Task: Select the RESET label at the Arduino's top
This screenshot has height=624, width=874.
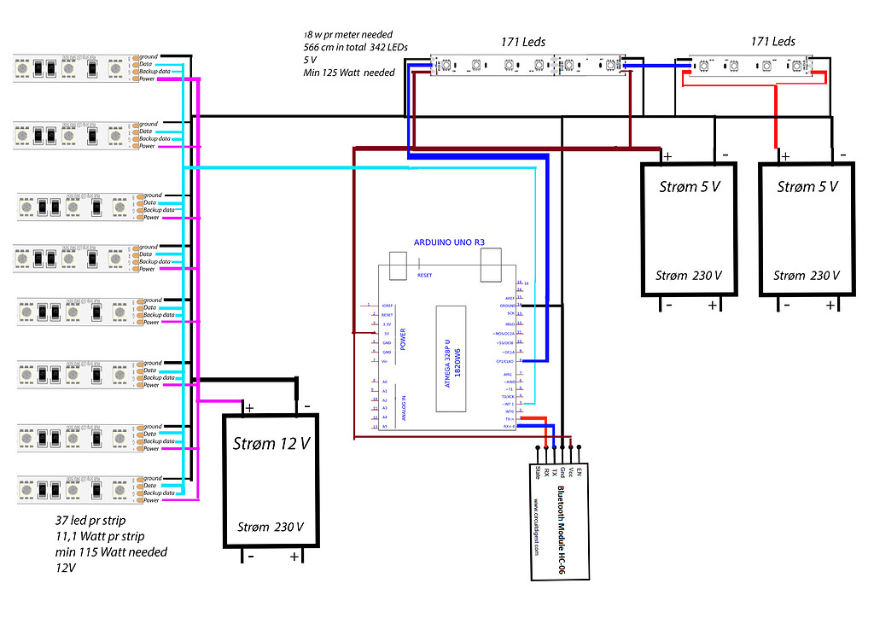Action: coord(424,276)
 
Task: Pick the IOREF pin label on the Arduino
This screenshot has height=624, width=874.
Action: coord(387,305)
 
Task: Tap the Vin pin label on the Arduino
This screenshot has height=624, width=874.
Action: coord(386,362)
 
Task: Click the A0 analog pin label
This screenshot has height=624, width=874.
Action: coord(386,382)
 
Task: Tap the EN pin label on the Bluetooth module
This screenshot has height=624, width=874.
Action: coord(579,470)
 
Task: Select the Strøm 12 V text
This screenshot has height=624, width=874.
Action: coord(271,443)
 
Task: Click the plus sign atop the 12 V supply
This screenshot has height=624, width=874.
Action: coord(250,407)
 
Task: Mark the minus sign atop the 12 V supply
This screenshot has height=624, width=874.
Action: coord(305,406)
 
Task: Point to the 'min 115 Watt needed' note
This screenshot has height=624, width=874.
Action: coord(112,551)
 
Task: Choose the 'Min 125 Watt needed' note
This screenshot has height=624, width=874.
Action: coord(349,73)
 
